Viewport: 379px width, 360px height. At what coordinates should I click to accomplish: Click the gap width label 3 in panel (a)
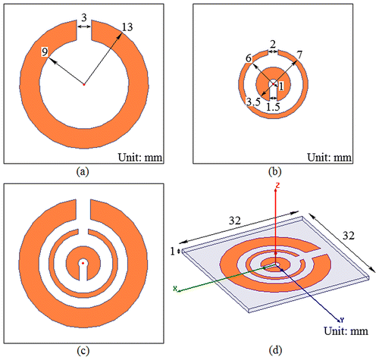coord(84,17)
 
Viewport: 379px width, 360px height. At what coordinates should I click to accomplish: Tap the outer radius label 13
coord(127,27)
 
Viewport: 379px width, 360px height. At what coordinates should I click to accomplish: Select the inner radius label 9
coord(45,52)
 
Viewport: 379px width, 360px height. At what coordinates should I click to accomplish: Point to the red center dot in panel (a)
coord(84,85)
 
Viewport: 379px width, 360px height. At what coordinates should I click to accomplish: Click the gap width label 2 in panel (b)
coord(273,45)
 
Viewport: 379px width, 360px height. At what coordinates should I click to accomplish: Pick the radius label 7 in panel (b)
coord(299,55)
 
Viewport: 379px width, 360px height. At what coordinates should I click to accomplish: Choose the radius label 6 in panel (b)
coord(249,58)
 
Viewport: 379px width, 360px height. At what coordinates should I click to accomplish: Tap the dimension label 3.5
coord(253,102)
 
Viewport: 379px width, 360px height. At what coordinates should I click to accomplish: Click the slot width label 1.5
coord(274,107)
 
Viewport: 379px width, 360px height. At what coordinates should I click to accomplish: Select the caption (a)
coord(83,172)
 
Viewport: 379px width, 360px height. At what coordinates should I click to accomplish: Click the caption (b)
coord(274,172)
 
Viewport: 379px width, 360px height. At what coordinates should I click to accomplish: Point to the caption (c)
coord(83,351)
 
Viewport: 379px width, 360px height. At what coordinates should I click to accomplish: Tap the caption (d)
coord(275,351)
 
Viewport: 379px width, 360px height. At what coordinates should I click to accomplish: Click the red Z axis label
coord(277,185)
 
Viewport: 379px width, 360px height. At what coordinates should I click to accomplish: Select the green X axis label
coord(175,288)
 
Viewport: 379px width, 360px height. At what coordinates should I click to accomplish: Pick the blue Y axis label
coord(342,321)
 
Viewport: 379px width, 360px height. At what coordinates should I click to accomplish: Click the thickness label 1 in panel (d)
coord(173,252)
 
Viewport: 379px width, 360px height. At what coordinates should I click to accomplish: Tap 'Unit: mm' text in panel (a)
coord(140,158)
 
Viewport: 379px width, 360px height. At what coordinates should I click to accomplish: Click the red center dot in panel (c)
coord(83,263)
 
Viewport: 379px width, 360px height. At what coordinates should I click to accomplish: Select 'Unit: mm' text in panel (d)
coord(346,331)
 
